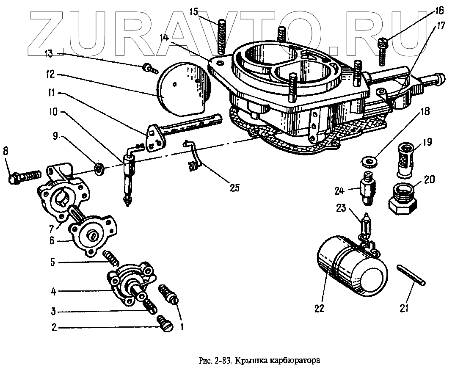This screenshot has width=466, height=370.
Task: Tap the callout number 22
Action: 319,308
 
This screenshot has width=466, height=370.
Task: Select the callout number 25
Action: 234,186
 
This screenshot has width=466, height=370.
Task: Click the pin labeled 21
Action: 413,276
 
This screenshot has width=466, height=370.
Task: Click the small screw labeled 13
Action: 149,67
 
